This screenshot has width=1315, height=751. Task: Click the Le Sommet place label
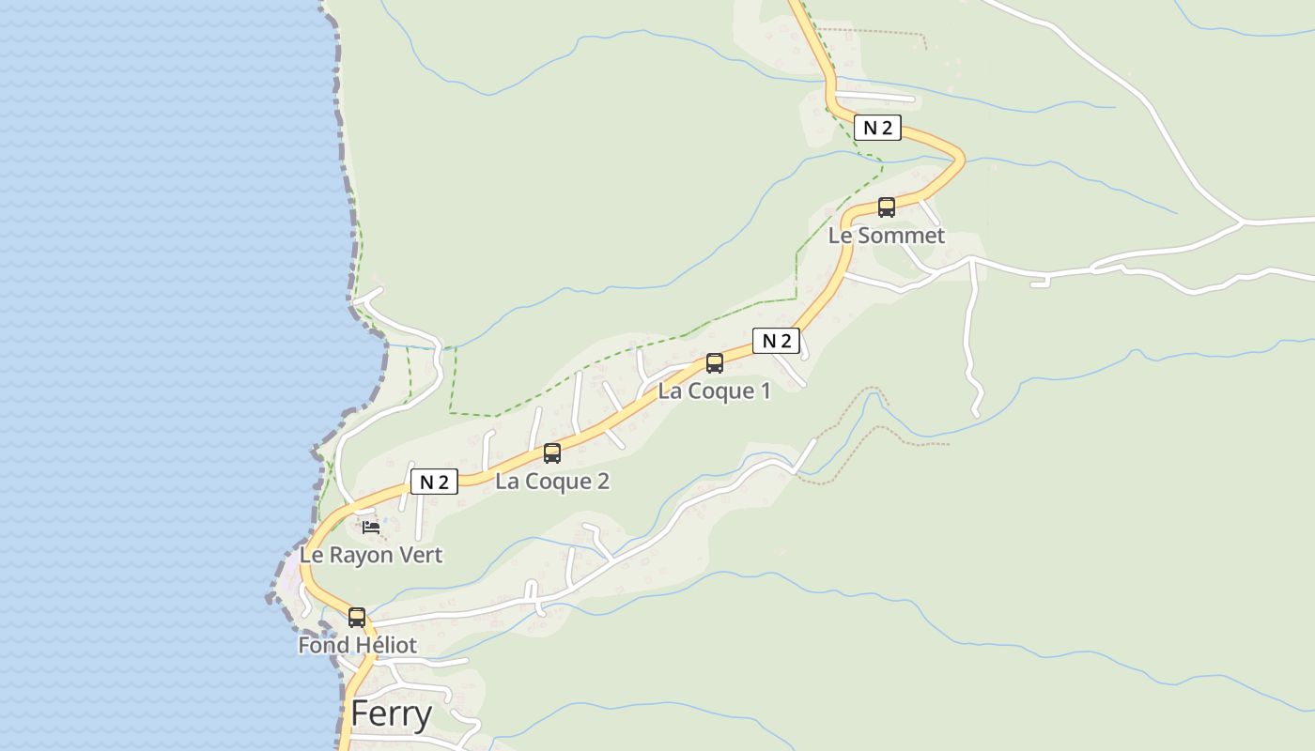(886, 236)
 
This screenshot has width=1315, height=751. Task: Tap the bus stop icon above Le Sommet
(887, 207)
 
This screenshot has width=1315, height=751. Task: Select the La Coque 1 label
(714, 391)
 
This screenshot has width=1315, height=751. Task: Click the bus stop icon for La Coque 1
(715, 362)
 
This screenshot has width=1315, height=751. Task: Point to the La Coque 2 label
(552, 482)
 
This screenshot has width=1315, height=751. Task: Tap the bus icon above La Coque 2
(552, 453)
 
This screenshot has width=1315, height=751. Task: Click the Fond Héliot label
(357, 645)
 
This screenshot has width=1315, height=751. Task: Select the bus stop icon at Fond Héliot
(357, 617)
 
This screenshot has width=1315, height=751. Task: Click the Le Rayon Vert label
(371, 555)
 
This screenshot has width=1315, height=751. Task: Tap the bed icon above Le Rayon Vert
(371, 528)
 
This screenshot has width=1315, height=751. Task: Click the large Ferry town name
(391, 714)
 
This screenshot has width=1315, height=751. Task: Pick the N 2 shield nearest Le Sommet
(877, 128)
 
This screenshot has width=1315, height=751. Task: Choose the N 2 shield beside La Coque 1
(776, 341)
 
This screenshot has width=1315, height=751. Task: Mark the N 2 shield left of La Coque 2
(434, 483)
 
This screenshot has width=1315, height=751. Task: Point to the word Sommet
(901, 236)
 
